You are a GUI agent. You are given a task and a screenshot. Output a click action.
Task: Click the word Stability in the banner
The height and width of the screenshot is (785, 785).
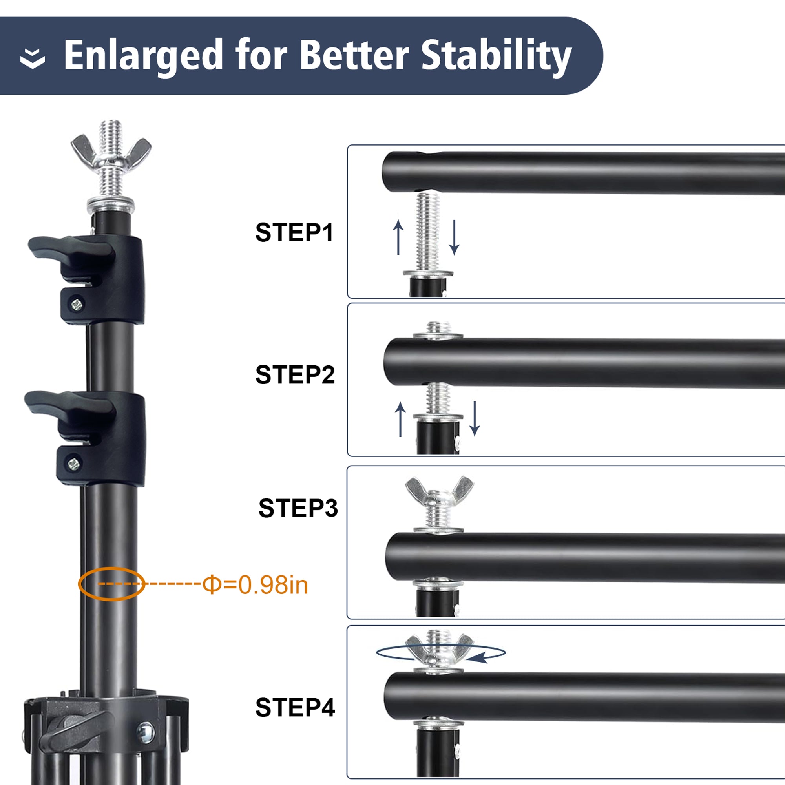[496, 56]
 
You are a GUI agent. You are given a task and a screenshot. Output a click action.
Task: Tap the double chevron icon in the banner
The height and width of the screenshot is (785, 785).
[33, 58]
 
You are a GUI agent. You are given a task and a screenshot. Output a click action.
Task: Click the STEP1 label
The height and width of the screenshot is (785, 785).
[294, 232]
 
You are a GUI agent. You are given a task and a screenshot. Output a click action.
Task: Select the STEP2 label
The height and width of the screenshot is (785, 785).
[295, 374]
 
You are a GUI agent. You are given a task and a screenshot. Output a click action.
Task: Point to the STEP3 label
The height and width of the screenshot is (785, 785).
[298, 508]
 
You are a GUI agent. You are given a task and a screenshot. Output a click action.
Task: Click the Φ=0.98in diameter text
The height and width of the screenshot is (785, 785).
[255, 585]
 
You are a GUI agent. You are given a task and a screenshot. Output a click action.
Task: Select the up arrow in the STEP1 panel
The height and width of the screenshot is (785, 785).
[398, 237]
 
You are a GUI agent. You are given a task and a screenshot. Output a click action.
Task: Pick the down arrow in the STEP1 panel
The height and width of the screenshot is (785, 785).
[454, 237]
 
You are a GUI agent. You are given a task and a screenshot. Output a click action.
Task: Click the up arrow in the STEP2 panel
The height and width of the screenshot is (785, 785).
[400, 419]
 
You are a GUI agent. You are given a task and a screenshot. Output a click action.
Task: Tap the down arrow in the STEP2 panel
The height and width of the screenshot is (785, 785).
[475, 418]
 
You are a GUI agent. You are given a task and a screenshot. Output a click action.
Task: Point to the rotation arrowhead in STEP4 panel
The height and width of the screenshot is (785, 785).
[478, 658]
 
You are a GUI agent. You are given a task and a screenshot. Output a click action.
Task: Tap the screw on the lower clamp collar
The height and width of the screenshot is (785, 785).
[73, 464]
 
